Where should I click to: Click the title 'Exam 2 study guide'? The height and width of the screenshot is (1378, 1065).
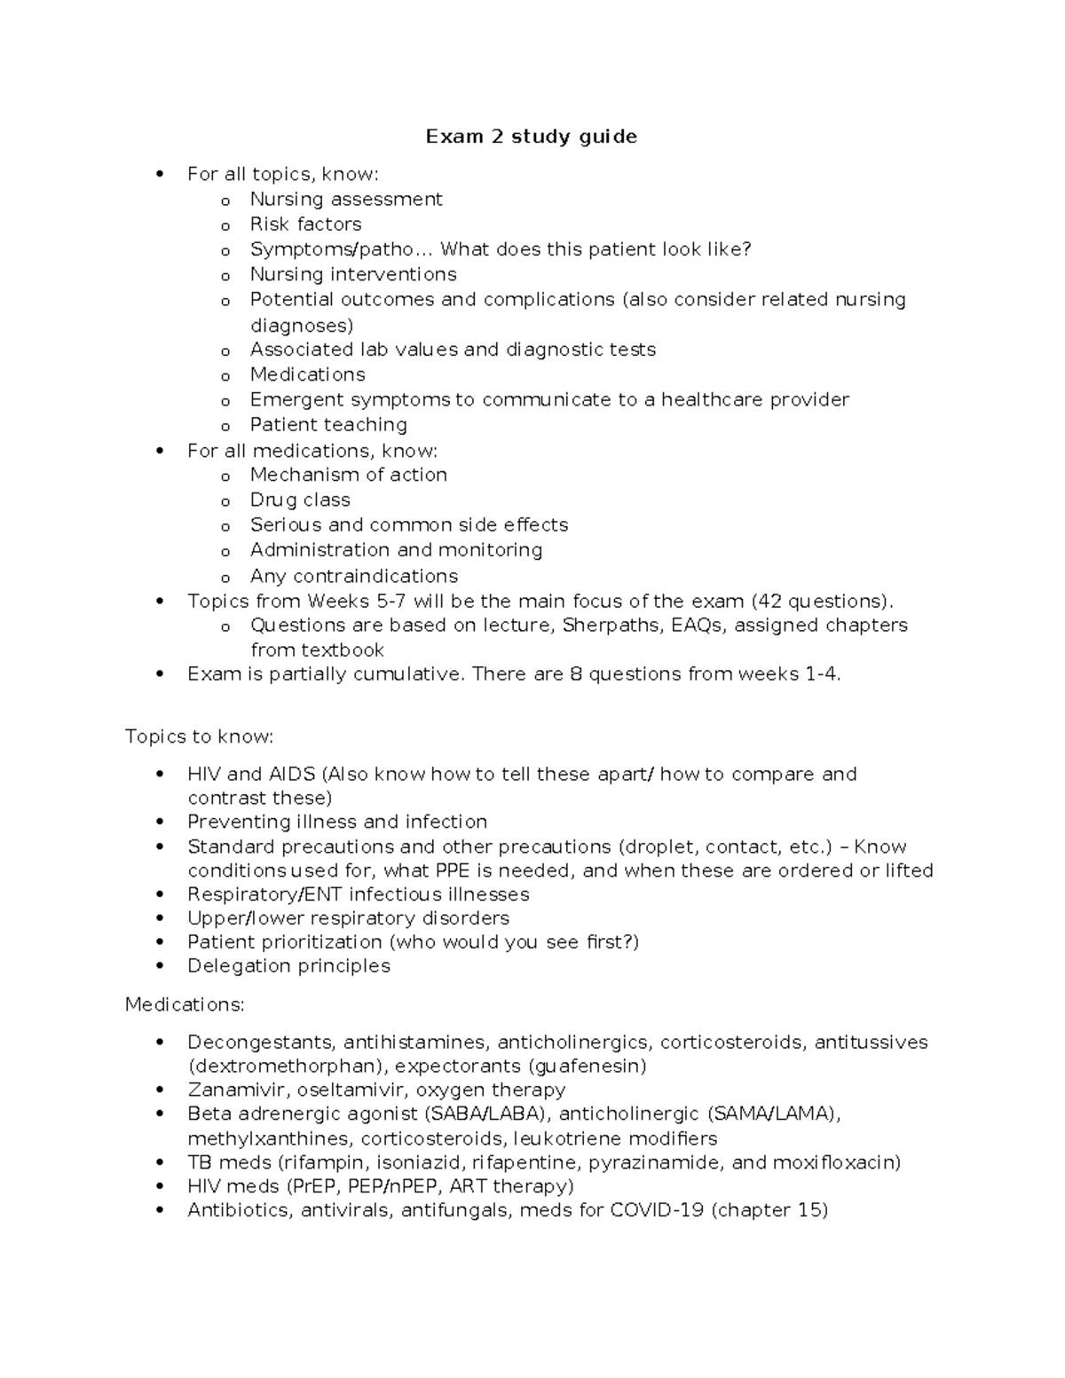point(531,137)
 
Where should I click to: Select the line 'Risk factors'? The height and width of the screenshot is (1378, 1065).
point(305,224)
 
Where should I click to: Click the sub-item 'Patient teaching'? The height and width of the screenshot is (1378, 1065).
point(328,425)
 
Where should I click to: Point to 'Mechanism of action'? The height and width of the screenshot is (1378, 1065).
point(348,476)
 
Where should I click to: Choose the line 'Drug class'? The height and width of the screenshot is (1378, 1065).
point(300,500)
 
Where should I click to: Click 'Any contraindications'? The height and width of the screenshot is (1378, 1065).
point(353,577)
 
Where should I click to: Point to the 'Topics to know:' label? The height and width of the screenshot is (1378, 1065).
point(200,737)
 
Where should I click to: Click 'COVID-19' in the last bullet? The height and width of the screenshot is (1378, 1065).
point(657,1211)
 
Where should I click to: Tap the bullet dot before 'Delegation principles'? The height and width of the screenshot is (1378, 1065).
point(160,966)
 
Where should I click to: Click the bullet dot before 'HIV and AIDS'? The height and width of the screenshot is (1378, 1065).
point(160,775)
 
